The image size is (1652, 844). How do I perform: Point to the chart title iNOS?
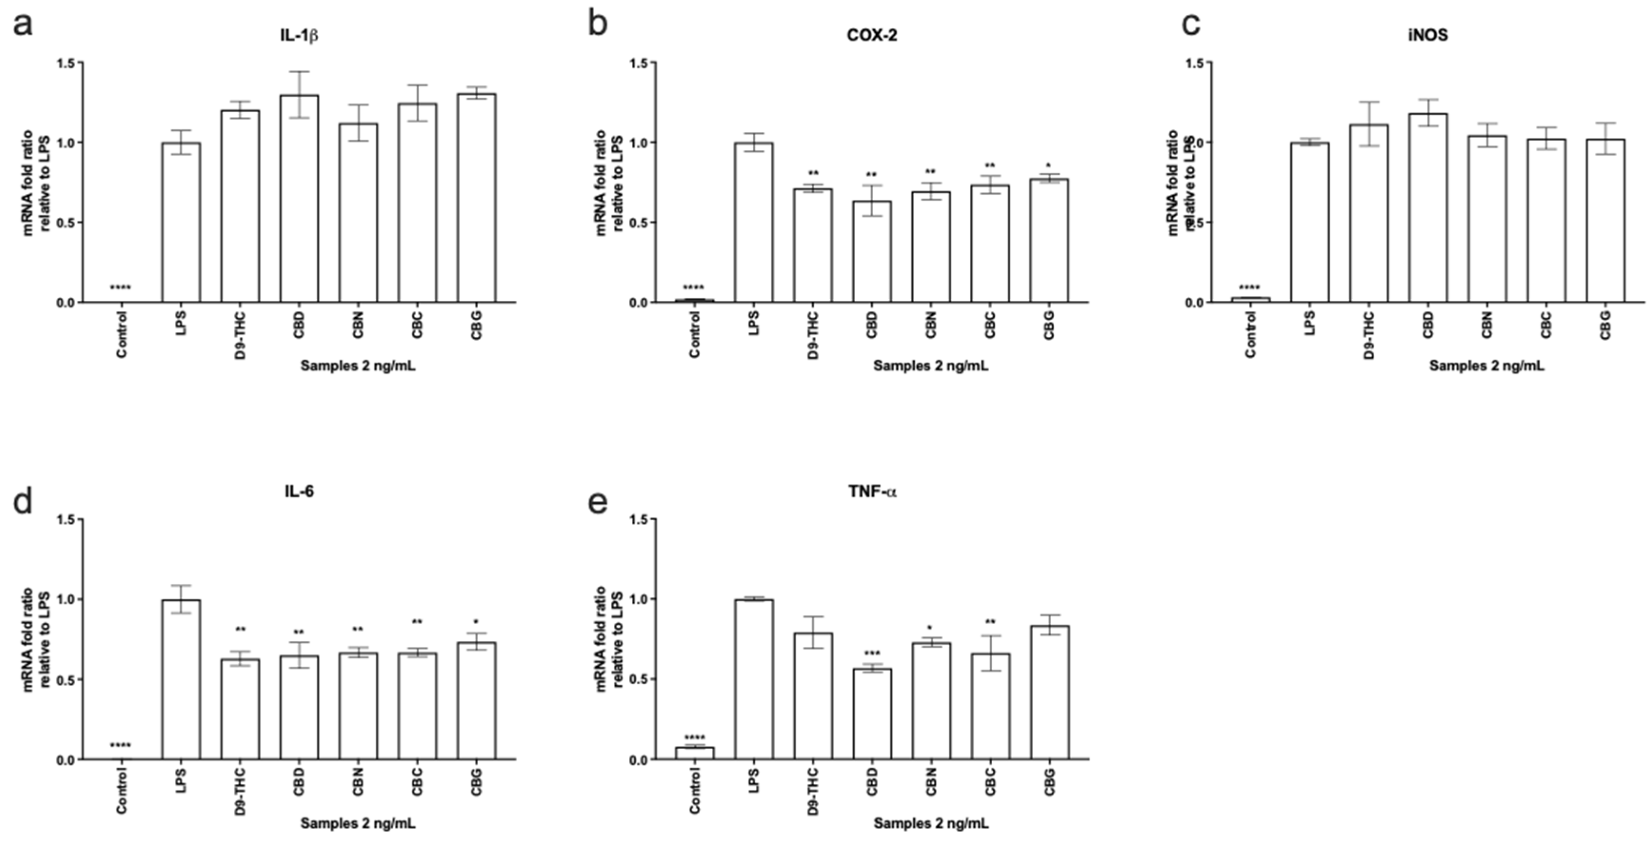(1428, 35)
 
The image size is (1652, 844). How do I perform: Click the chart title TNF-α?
(872, 492)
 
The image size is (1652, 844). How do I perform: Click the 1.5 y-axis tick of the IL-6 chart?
(66, 519)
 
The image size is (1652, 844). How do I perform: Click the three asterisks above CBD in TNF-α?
(872, 654)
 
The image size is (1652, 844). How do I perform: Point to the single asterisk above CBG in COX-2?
(1048, 165)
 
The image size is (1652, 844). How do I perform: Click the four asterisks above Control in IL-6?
(120, 745)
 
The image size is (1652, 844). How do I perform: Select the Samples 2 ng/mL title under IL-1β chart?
(358, 366)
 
